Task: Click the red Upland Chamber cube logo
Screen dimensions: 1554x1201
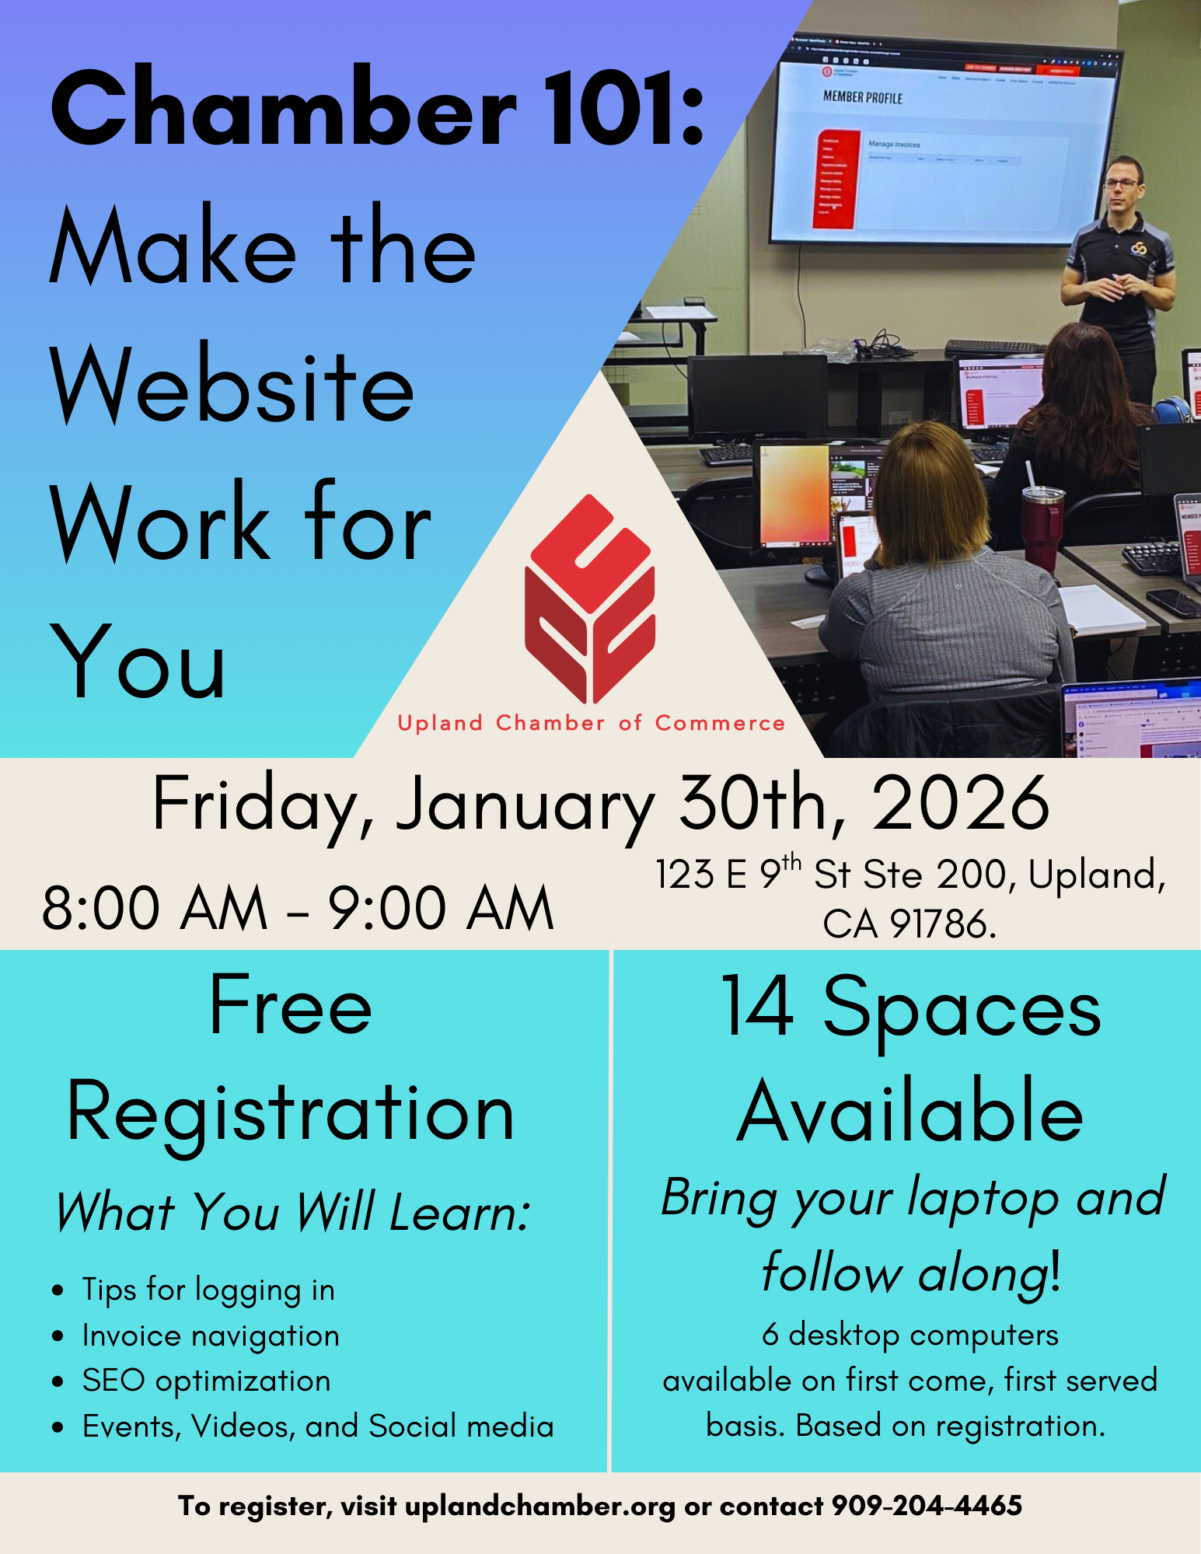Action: coord(590,599)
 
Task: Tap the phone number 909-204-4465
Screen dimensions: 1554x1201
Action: coord(927,1506)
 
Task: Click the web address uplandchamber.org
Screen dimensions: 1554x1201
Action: coord(540,1507)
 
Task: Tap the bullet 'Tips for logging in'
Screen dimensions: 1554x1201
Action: coord(208,1290)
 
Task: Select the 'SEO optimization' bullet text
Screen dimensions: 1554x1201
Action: coord(206,1381)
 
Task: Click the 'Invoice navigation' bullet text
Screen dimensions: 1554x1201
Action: coord(211,1336)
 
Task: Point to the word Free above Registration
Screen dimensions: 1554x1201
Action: coord(291,1006)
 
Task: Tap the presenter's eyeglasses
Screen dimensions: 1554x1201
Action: coord(1121,184)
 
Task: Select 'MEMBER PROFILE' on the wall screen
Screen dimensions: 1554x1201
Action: coord(863,97)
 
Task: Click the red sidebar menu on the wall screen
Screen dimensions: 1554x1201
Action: coord(834,180)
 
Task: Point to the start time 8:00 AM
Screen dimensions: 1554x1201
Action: coord(155,907)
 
